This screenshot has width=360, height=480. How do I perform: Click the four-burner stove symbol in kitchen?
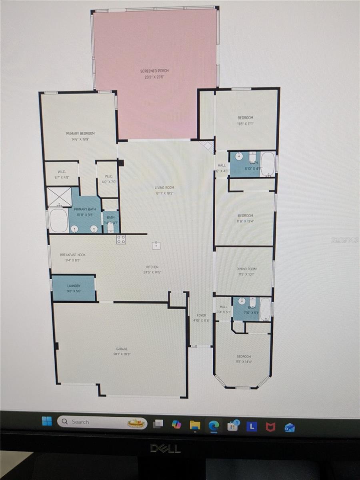point(121,239)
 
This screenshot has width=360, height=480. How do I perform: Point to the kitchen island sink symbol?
point(156,245)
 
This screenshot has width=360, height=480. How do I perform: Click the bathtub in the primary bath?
point(58,220)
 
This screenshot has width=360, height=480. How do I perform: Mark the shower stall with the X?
point(59,196)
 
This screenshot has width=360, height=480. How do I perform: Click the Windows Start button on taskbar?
point(47,422)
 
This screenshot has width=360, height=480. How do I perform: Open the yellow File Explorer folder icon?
point(195,425)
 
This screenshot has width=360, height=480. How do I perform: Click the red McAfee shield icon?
point(270,426)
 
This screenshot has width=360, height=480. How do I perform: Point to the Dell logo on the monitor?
point(165,448)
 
